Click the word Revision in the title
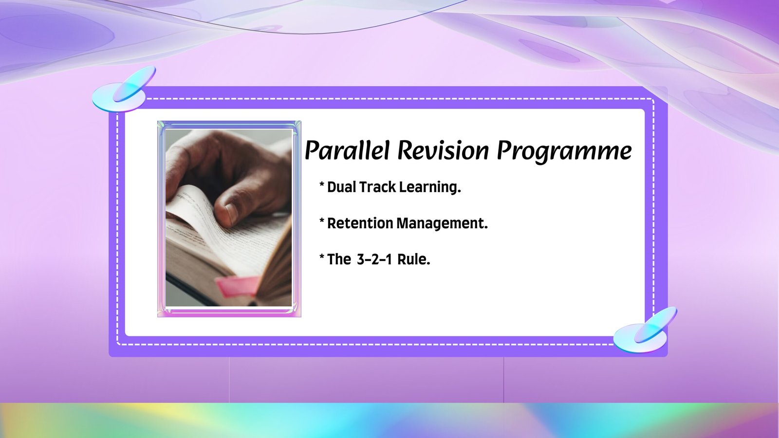443,150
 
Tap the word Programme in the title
564,151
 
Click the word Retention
360,223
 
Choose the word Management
442,224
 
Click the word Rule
413,259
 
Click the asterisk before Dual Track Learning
322,185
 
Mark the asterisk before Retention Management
322,221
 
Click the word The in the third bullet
339,259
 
